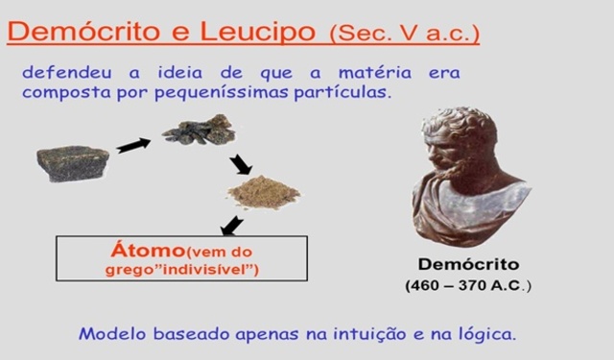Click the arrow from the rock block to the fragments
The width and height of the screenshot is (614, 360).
point(133,145)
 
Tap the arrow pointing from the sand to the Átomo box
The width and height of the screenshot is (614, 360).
point(231,225)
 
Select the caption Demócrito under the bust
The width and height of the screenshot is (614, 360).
point(468,264)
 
